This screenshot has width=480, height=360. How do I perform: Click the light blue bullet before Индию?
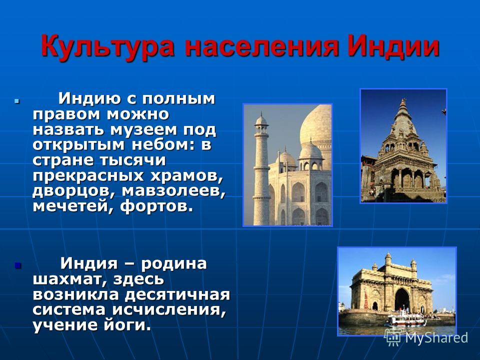[17, 100]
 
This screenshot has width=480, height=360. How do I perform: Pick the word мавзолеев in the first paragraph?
[173, 191]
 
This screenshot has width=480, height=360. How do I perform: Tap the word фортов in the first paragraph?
[156, 206]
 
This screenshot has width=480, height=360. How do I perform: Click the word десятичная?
[177, 295]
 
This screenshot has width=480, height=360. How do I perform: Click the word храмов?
[185, 176]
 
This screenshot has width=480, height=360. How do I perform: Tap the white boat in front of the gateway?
[405, 319]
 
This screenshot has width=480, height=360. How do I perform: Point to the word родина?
[174, 264]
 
